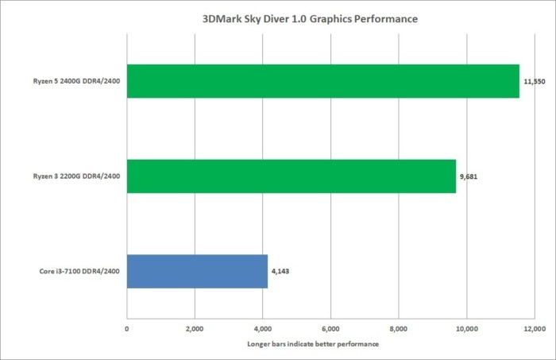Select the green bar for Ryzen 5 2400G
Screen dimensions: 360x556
322,81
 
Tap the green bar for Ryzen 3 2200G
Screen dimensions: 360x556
291,176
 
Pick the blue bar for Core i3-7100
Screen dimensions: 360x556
197,271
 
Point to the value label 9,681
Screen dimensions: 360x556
469,176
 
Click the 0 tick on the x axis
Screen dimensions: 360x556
127,327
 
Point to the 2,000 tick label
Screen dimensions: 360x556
195,327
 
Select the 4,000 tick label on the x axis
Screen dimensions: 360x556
263,327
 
